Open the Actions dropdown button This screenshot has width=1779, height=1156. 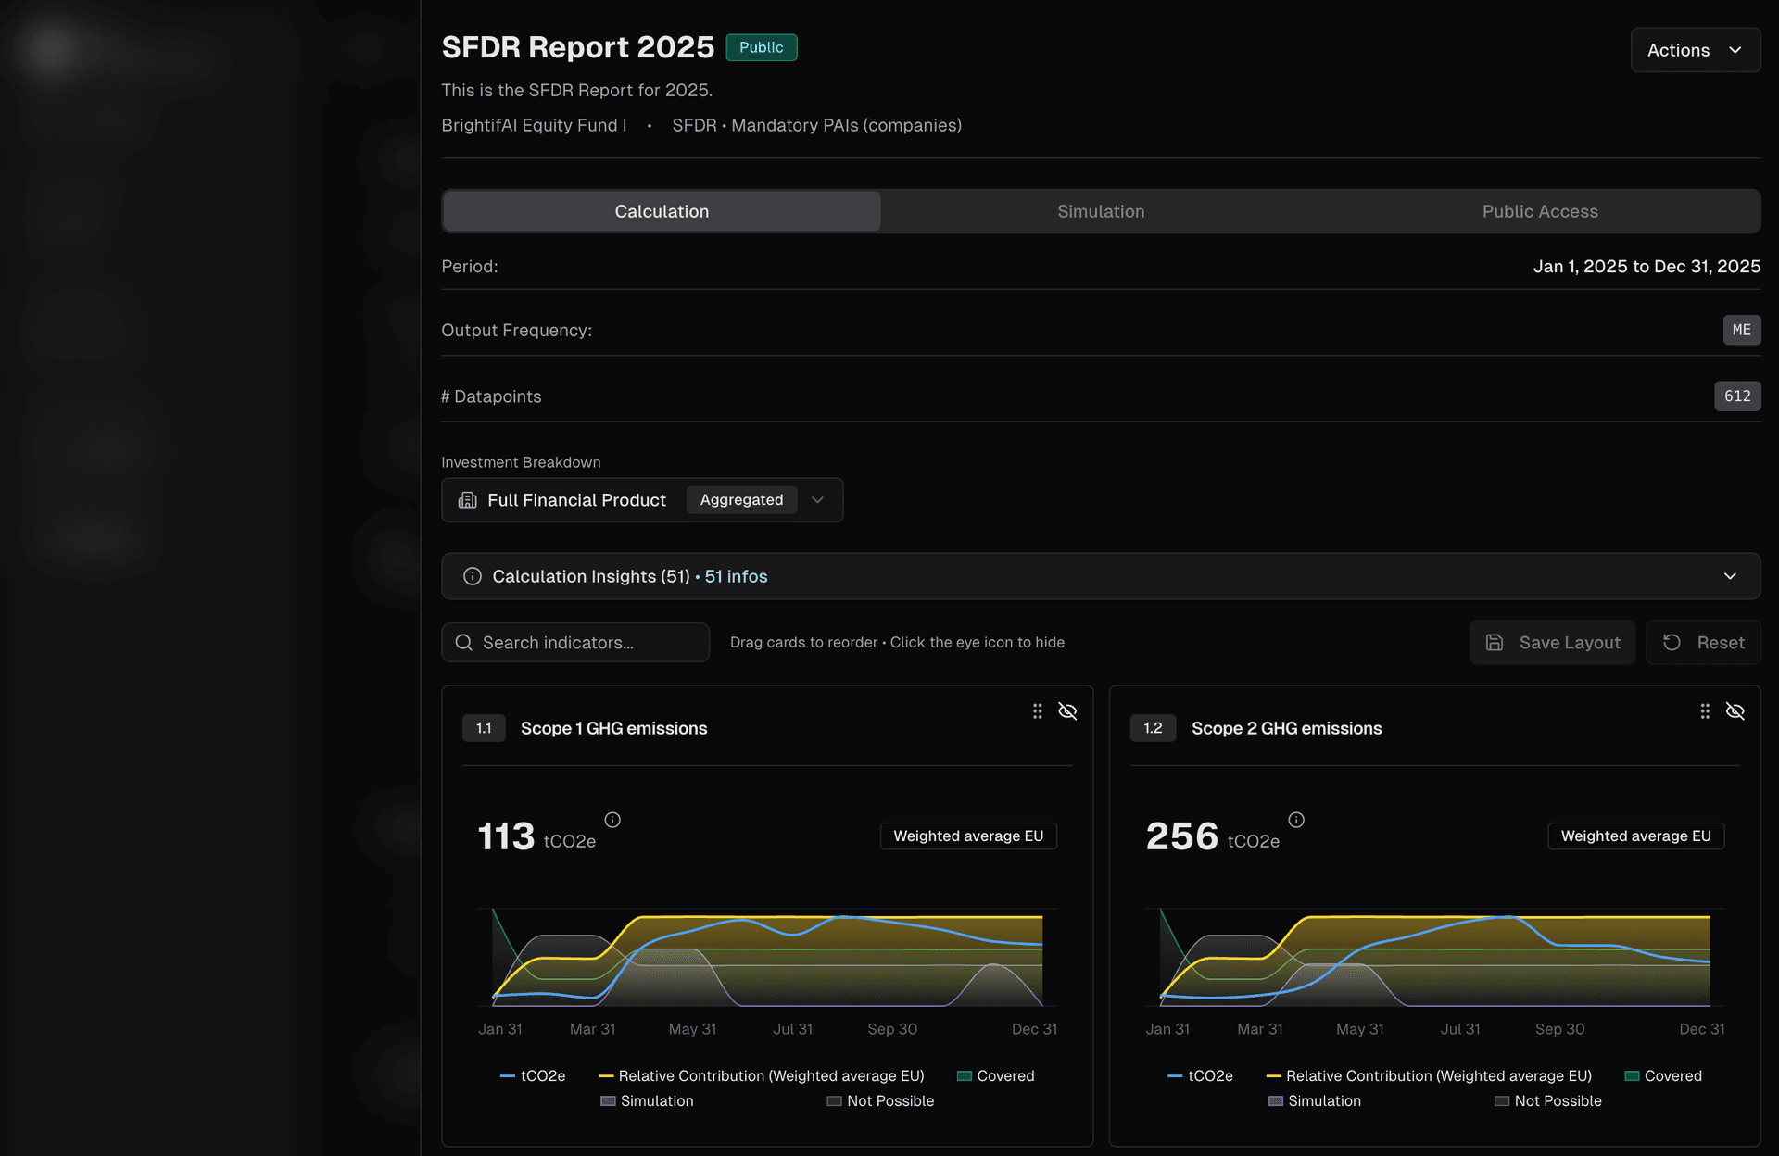click(x=1695, y=50)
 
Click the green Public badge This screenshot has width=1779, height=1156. click(x=761, y=47)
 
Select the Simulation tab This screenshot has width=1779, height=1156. click(x=1101, y=211)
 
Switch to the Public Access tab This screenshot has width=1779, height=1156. click(x=1539, y=211)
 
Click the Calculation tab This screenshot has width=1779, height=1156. click(x=662, y=211)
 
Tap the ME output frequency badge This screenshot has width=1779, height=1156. click(x=1741, y=330)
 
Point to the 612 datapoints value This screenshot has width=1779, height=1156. click(x=1736, y=396)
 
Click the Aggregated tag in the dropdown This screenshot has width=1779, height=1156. click(x=741, y=500)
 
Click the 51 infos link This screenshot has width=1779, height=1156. click(x=736, y=576)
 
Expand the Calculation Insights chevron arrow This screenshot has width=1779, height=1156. click(x=1729, y=576)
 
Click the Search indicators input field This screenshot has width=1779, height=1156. click(x=584, y=643)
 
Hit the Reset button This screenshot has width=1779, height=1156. click(x=1703, y=643)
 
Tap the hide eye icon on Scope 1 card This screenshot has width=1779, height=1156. click(x=1067, y=711)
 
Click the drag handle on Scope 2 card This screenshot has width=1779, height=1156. click(x=1704, y=711)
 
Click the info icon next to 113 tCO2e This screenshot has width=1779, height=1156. click(x=612, y=820)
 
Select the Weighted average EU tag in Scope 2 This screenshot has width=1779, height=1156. click(x=1635, y=836)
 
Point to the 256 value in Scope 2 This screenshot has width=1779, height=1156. click(x=1181, y=836)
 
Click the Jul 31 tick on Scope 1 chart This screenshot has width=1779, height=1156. click(x=792, y=1029)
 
